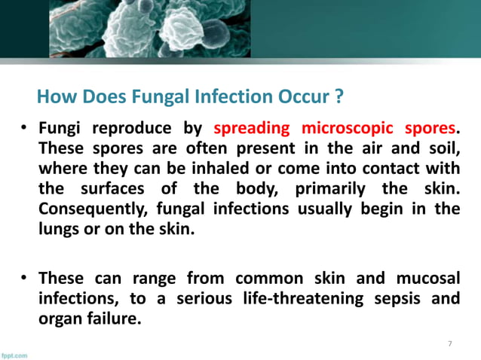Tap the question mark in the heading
(339, 97)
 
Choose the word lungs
(59, 227)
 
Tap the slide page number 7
(450, 343)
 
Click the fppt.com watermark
(14, 355)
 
